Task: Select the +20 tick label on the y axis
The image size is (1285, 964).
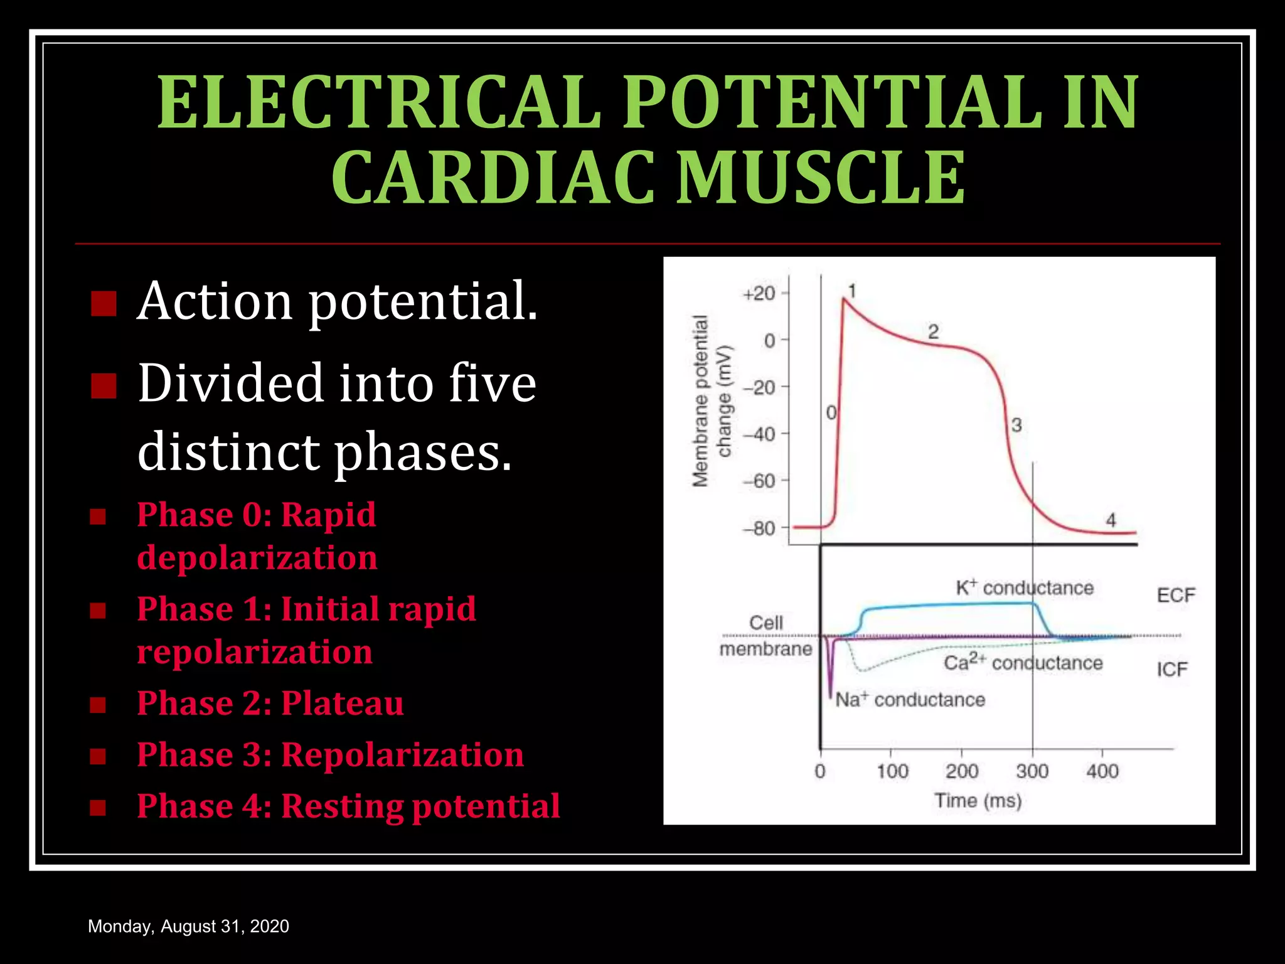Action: (759, 294)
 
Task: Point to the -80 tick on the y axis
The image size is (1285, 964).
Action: (759, 528)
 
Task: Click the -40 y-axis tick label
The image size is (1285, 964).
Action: (759, 434)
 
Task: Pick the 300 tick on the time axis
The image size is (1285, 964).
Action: (1032, 771)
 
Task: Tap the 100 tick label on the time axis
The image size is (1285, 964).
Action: (892, 771)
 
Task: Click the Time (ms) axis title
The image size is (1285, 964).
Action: (978, 800)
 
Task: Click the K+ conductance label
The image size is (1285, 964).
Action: (1024, 588)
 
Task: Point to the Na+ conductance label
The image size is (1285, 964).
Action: (910, 699)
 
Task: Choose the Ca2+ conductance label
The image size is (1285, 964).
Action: (1023, 662)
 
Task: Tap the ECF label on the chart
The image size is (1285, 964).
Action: (1176, 595)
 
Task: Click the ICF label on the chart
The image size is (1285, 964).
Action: (1172, 670)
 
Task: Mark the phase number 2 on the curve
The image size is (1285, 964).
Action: (933, 331)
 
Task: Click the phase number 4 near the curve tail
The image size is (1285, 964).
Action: (1111, 520)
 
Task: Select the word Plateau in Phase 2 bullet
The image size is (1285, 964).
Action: (342, 703)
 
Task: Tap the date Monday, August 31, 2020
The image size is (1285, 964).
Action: (188, 926)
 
